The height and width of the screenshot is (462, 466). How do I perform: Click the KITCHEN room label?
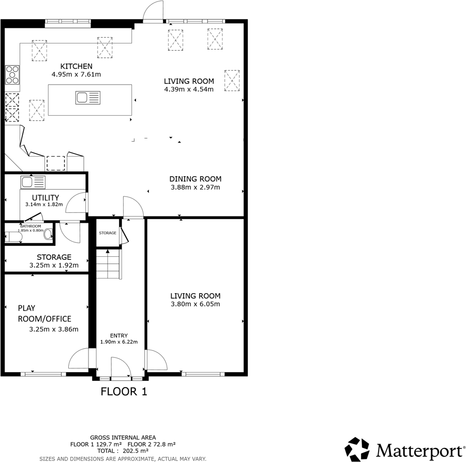point(77,66)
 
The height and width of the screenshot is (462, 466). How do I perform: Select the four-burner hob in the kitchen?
point(13,75)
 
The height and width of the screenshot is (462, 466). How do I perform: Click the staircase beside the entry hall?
point(108,264)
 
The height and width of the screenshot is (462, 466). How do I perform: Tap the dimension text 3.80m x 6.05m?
point(196,304)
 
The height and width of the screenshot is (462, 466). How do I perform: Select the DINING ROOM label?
point(196,179)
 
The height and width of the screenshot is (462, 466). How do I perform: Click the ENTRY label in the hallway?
point(118,335)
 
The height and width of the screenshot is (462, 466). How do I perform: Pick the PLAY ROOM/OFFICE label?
point(44,313)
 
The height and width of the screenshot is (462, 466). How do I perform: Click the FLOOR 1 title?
point(124,391)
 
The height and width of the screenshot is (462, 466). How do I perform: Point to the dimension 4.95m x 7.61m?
point(76,74)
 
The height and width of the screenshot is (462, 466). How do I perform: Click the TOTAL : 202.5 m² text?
point(123,451)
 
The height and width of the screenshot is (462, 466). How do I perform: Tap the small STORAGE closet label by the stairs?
point(108,233)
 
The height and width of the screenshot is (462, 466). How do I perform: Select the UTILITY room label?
point(46,197)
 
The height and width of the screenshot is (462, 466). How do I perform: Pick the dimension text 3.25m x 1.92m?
point(54,266)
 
